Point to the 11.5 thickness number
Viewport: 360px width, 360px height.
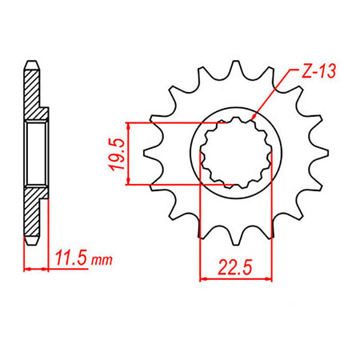point(71,259)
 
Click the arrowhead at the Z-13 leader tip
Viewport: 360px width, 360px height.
point(251,119)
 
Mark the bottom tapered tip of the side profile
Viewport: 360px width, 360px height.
point(32,242)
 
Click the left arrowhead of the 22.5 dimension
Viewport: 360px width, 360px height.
point(202,279)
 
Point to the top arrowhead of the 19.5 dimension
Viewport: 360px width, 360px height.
point(127,125)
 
